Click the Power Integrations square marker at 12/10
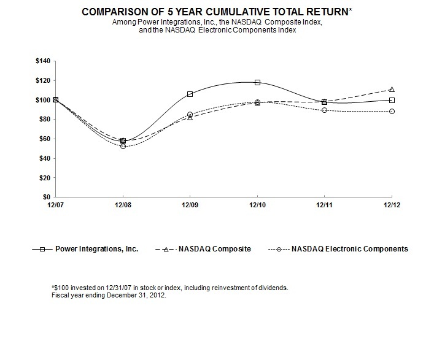(257, 82)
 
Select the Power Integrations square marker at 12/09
(190, 94)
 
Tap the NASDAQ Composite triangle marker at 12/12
(392, 90)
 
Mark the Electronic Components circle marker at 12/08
(123, 146)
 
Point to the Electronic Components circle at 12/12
(392, 111)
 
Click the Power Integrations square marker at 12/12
(392, 100)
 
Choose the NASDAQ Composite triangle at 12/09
(190, 117)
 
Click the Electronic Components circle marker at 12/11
(324, 110)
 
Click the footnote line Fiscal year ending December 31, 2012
(110, 295)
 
